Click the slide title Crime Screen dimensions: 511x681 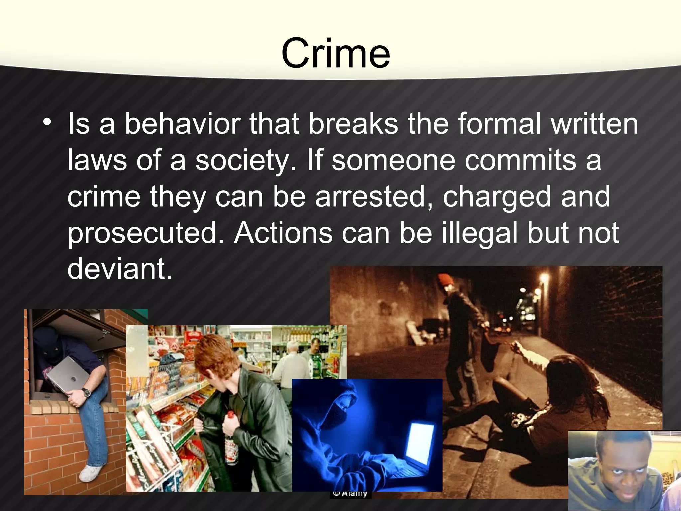point(336,53)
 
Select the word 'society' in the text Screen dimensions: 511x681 point(244,161)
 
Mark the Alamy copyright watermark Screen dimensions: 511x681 point(350,494)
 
